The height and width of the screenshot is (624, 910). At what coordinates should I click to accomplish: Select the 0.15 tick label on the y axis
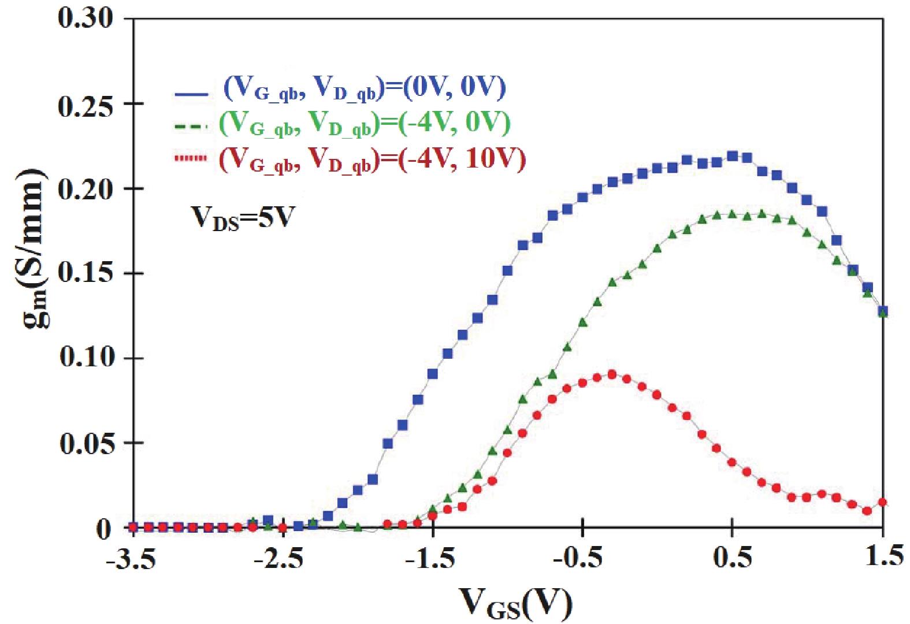[x=86, y=273]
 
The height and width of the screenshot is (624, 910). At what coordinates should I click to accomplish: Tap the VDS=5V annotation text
[x=243, y=218]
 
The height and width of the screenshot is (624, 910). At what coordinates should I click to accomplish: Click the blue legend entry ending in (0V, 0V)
[x=365, y=88]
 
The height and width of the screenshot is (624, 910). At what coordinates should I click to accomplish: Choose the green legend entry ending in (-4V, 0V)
[x=365, y=123]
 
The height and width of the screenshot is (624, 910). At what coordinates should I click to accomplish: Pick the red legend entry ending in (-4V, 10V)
[x=372, y=158]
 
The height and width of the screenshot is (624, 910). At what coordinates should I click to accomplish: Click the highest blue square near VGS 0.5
[x=732, y=156]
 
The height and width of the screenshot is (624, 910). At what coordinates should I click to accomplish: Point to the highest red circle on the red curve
[x=612, y=374]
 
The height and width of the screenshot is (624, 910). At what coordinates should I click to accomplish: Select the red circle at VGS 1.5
[x=882, y=502]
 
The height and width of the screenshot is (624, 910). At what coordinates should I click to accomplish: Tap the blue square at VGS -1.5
[x=433, y=374]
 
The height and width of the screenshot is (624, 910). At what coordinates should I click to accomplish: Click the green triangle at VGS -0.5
[x=582, y=322]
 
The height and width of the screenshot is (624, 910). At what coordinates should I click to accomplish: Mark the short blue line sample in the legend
[x=191, y=93]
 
